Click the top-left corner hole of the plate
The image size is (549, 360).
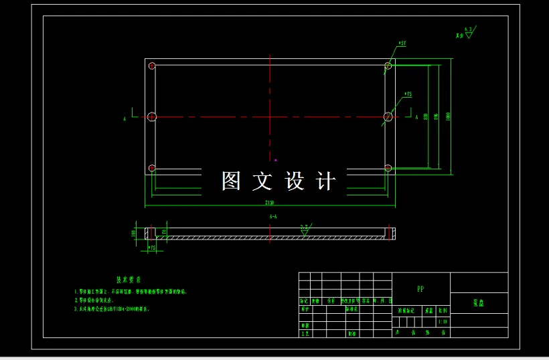coord(152,66)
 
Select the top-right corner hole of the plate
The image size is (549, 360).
coord(388,66)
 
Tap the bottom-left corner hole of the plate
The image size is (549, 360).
coord(152,167)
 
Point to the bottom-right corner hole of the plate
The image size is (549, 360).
coord(388,167)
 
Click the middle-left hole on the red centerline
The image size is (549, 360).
coord(152,116)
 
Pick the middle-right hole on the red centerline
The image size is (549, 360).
coord(388,116)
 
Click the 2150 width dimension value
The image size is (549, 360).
coord(270,201)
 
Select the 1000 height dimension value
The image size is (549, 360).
coord(447,116)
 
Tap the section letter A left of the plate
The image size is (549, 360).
coord(125,119)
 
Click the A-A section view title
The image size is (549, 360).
coord(273,217)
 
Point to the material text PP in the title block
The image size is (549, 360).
coord(420,289)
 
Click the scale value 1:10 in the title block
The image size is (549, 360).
coord(442,322)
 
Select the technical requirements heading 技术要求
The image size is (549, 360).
coord(129,280)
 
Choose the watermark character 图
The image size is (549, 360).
coord(231,181)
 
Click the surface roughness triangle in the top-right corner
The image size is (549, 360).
coord(469,33)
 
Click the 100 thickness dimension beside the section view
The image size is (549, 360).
coord(134,233)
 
